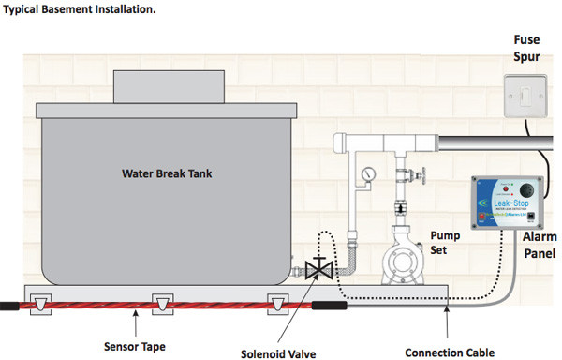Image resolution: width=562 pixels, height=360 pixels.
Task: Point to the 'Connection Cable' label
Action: (x=448, y=352)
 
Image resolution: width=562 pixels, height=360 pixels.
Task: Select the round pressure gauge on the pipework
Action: (x=368, y=174)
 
